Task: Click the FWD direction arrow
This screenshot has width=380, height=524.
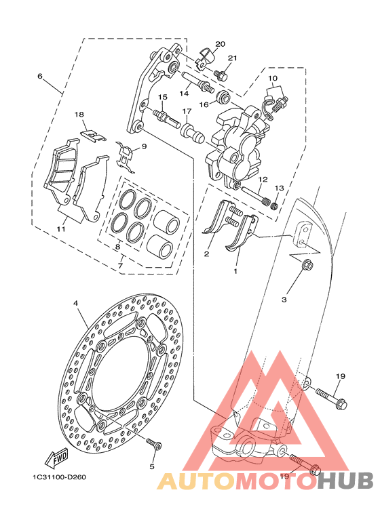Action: pyautogui.click(x=57, y=458)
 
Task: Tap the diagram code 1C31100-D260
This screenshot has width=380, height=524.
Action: pyautogui.click(x=59, y=477)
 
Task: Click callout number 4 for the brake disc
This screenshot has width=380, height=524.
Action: pyautogui.click(x=75, y=303)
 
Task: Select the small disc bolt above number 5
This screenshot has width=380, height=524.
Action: pyautogui.click(x=154, y=444)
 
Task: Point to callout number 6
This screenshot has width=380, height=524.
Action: pyautogui.click(x=40, y=76)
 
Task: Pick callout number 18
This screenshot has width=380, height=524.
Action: pyautogui.click(x=79, y=115)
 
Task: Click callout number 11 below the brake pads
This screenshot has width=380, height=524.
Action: pyautogui.click(x=60, y=229)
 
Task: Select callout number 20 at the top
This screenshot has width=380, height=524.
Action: pyautogui.click(x=220, y=44)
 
